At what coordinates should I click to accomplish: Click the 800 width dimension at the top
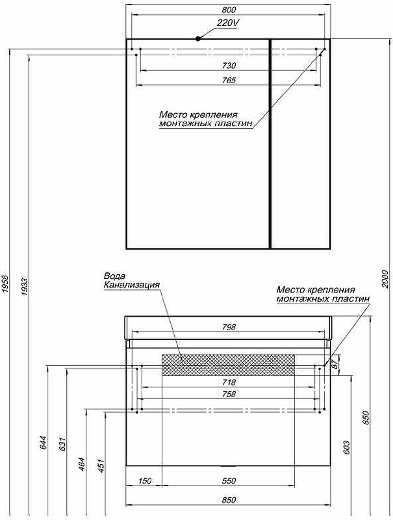click(229, 10)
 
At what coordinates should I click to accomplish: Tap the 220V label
click(228, 23)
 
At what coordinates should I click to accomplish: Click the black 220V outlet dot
click(198, 38)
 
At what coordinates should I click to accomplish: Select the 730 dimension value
click(229, 66)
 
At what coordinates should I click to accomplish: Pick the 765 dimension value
click(229, 80)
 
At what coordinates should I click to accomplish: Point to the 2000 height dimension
click(385, 279)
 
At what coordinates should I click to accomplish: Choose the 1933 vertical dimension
click(25, 286)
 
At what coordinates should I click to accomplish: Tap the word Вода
click(115, 276)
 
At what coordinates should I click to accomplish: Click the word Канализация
click(132, 285)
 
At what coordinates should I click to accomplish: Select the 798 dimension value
click(229, 327)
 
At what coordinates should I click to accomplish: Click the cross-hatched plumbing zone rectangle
click(228, 365)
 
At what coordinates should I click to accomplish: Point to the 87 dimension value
click(335, 365)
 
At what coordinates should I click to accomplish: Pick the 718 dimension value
click(229, 382)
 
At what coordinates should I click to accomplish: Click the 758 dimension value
click(229, 394)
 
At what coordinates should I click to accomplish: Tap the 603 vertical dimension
click(346, 448)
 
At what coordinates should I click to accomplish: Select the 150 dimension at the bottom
click(144, 480)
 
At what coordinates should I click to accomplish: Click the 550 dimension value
click(229, 480)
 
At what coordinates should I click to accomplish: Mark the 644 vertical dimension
click(44, 443)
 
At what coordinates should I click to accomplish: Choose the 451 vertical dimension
click(101, 465)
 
